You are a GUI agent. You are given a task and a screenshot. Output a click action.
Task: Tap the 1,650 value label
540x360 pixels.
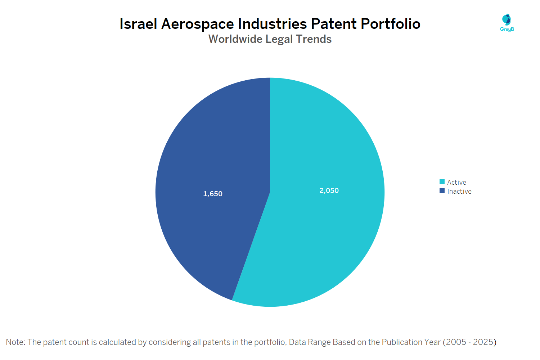[x=213, y=194]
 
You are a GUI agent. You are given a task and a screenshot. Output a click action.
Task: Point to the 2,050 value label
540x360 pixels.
[x=329, y=190]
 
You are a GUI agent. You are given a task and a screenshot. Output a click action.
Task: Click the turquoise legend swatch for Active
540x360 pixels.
[x=442, y=182]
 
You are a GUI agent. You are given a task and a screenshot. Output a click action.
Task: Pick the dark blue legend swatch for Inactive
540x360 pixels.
[x=442, y=191]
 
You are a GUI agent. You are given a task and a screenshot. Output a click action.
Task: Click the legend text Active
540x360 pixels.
[x=456, y=182]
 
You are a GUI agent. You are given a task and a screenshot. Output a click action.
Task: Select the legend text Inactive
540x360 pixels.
[x=459, y=192]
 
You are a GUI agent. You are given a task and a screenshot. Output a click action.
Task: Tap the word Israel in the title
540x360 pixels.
[x=138, y=24]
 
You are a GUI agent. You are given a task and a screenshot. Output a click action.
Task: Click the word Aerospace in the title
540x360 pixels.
[x=198, y=24]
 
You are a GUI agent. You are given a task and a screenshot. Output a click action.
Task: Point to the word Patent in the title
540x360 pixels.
[x=334, y=24]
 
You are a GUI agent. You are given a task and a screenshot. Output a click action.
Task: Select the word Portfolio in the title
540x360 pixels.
[x=391, y=24]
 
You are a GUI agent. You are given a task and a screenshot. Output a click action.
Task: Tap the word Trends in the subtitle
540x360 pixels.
[x=314, y=39]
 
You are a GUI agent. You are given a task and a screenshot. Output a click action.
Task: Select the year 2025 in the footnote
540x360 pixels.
[x=483, y=342]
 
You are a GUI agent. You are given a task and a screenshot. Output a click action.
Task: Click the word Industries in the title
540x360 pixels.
[x=273, y=24]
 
